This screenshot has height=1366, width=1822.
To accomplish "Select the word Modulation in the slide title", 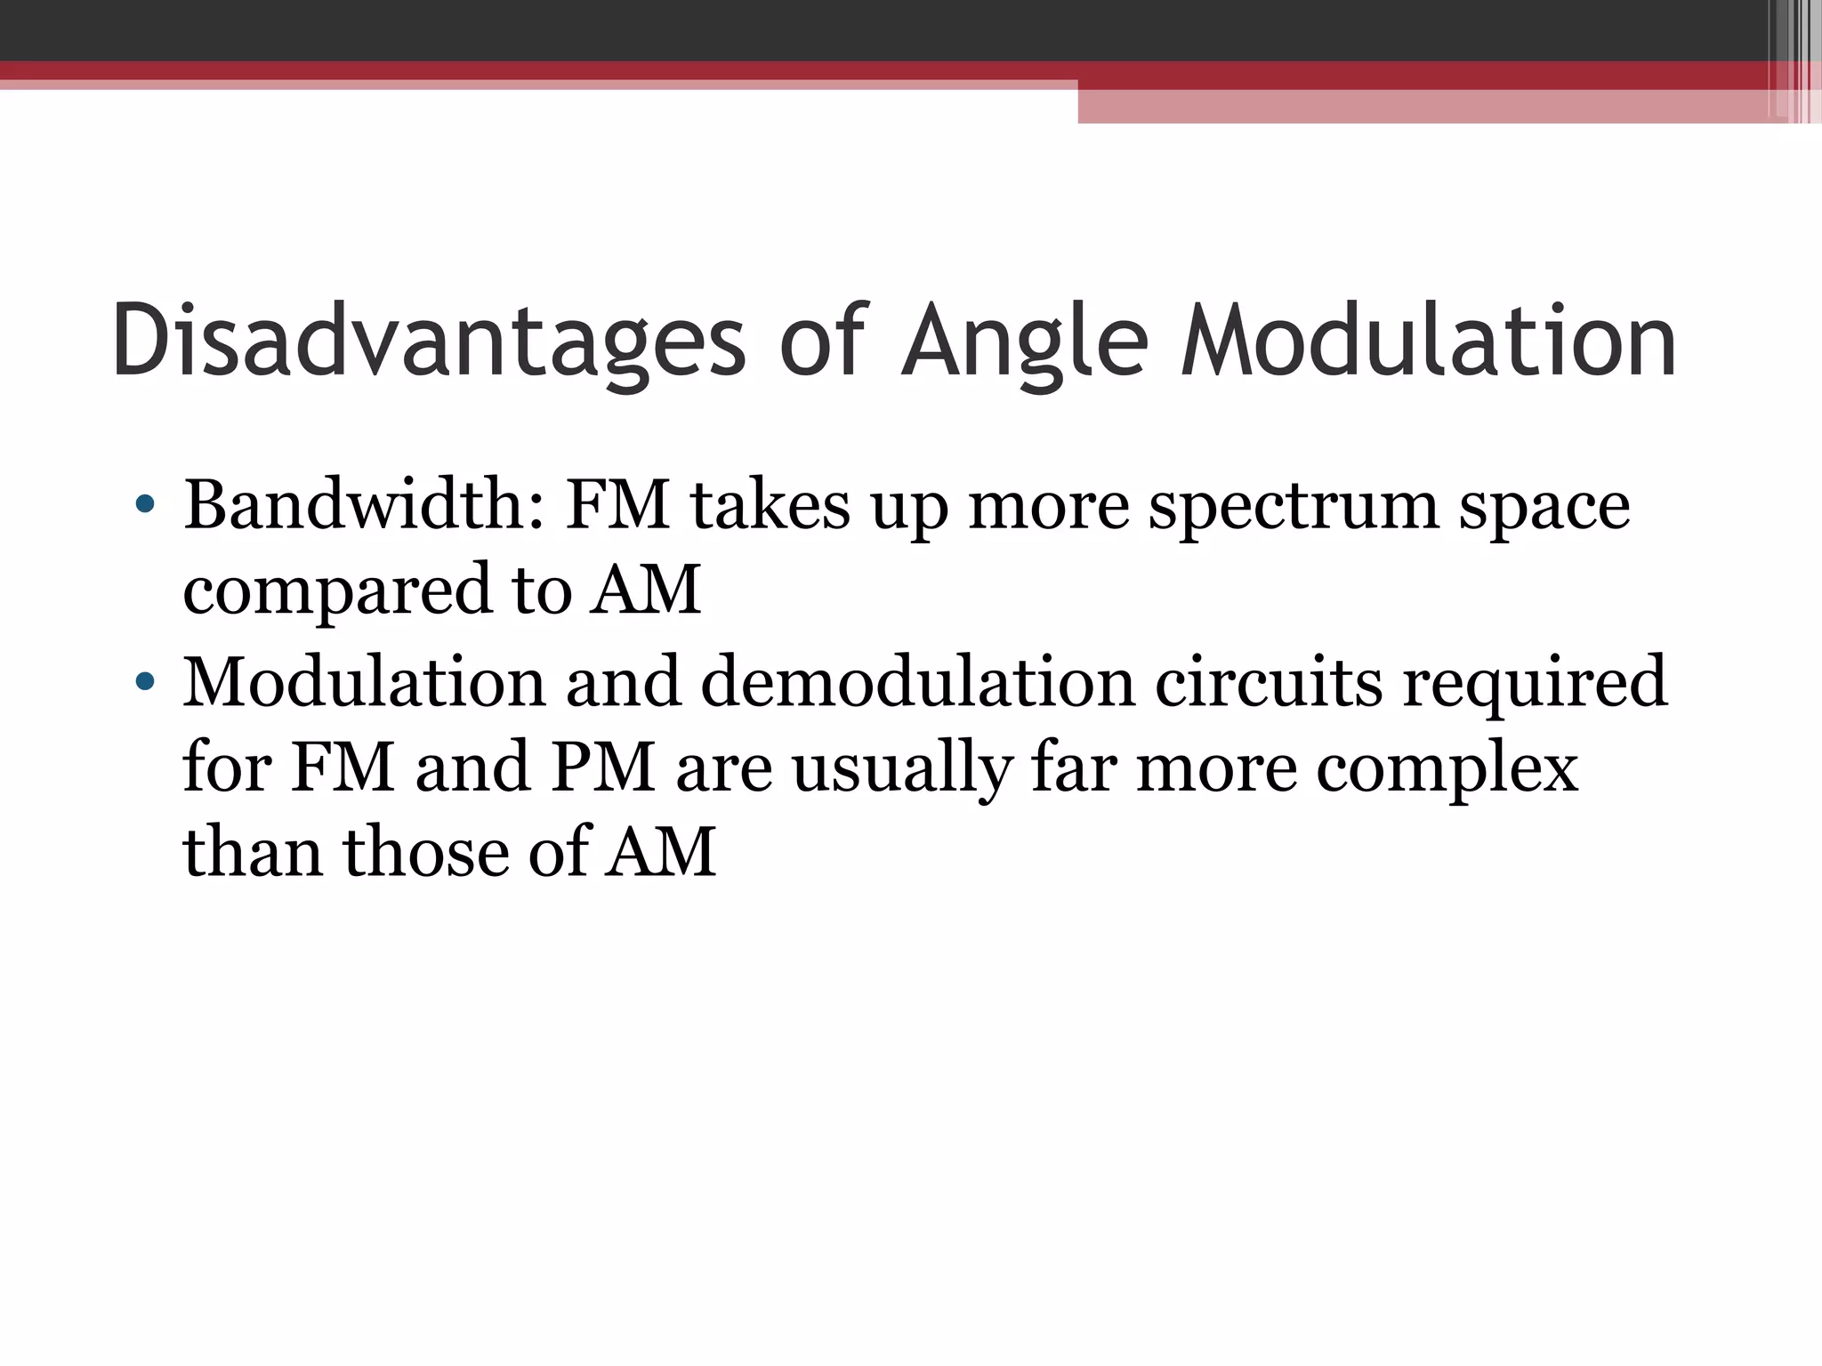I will [1429, 341].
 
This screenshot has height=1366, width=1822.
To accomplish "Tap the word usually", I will [902, 770].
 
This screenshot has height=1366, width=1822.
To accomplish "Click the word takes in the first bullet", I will [770, 504].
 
